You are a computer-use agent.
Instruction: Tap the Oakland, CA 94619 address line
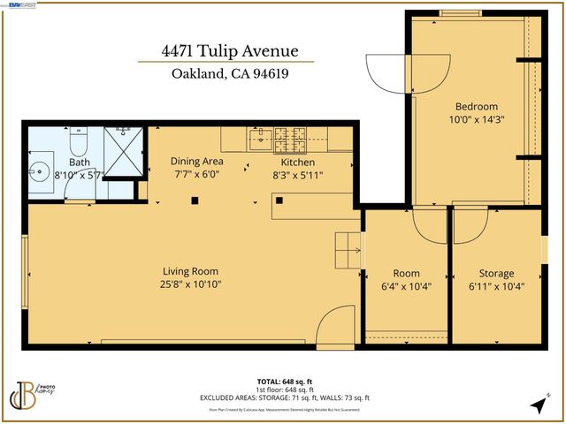click(x=226, y=74)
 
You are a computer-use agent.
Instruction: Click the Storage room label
click(x=496, y=273)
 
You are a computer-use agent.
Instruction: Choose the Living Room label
click(x=190, y=271)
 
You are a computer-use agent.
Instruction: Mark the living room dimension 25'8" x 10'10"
click(x=190, y=284)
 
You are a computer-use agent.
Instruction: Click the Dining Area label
click(x=196, y=162)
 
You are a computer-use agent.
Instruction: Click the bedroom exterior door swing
click(x=385, y=72)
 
